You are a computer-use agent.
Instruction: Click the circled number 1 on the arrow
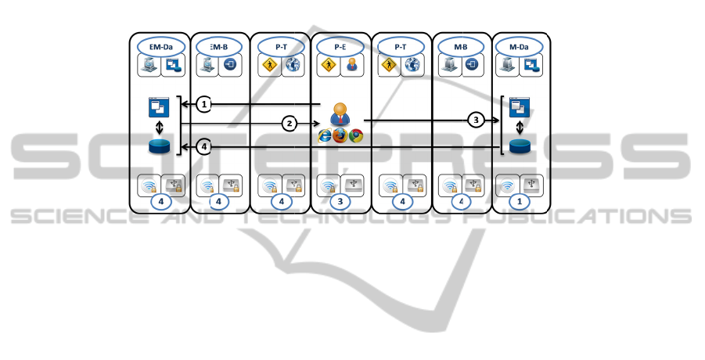(x=203, y=104)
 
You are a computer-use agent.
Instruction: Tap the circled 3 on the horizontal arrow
(x=474, y=120)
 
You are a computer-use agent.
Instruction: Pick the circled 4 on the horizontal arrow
(x=203, y=146)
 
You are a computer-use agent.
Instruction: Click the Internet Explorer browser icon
(x=324, y=136)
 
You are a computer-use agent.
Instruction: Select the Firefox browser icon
(x=340, y=136)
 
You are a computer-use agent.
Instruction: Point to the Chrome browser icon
(x=356, y=136)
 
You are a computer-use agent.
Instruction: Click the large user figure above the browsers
(x=340, y=113)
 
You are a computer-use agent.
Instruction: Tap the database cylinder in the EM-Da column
(x=160, y=146)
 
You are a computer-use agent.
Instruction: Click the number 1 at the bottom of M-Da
(x=521, y=201)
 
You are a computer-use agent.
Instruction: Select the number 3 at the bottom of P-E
(x=340, y=201)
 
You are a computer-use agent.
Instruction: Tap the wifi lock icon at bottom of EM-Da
(x=148, y=185)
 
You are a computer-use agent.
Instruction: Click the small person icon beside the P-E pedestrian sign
(x=352, y=67)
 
